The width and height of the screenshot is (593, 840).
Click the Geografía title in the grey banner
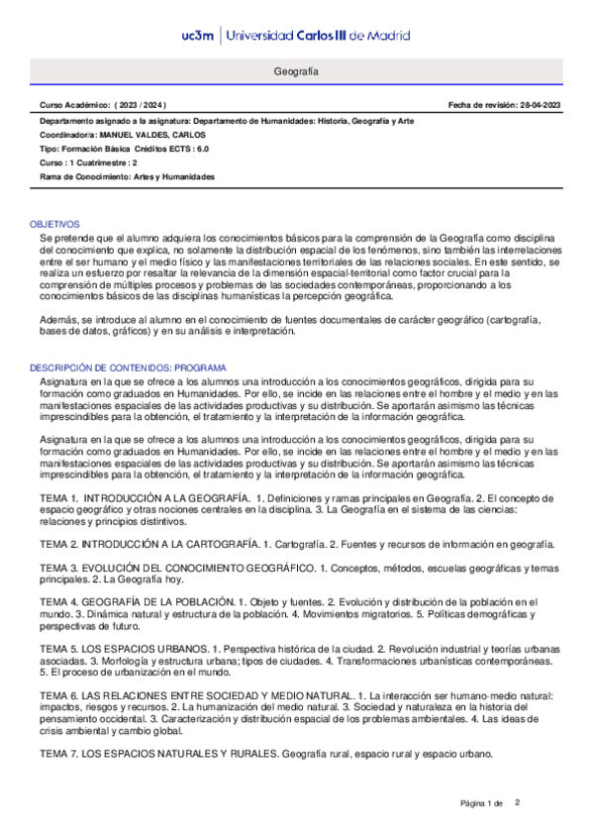pyautogui.click(x=296, y=73)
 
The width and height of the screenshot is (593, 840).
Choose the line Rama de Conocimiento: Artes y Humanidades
pyautogui.click(x=127, y=176)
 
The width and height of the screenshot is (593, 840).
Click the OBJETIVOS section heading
pyautogui.click(x=54, y=225)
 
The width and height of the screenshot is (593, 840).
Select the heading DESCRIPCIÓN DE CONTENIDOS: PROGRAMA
pyautogui.click(x=130, y=367)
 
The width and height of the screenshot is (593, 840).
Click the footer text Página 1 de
pyautogui.click(x=482, y=802)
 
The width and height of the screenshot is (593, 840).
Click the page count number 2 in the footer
pyautogui.click(x=517, y=801)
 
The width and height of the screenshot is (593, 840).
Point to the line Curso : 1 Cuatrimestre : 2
pyautogui.click(x=88, y=162)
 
